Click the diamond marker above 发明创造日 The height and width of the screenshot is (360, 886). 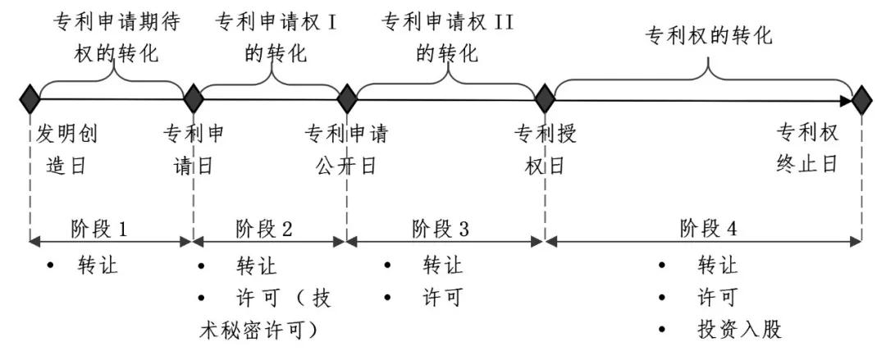coord(30,99)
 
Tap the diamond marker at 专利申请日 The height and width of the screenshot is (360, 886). coord(194,99)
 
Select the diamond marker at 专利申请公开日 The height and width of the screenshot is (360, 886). coord(347,99)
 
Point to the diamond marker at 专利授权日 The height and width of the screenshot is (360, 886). coord(544,99)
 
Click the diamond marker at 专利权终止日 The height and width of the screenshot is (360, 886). coord(861,101)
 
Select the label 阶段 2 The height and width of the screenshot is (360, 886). coord(263,228)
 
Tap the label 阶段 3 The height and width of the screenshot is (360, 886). coord(441,228)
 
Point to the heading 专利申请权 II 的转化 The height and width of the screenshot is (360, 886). coord(447,38)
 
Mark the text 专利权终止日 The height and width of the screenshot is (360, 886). coord(807,148)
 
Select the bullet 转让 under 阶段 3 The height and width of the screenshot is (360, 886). coord(442,266)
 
